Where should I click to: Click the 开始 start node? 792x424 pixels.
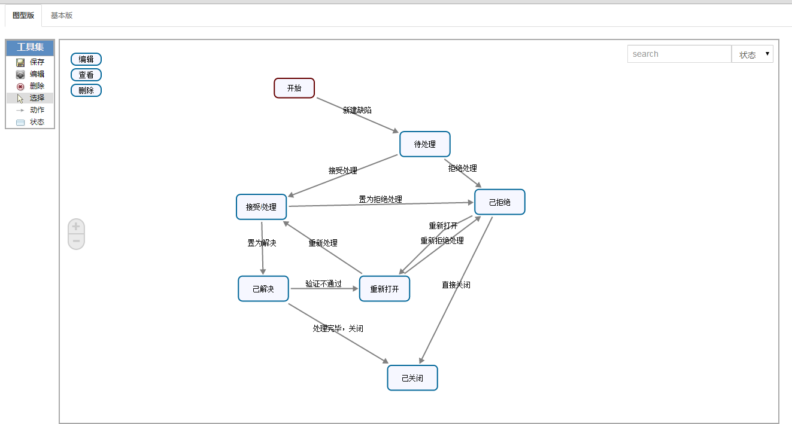click(x=294, y=88)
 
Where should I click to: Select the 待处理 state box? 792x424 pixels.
click(x=424, y=144)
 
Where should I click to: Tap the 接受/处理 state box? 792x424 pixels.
click(x=261, y=207)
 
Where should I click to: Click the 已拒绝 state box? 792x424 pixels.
click(x=499, y=202)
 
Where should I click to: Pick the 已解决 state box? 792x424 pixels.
click(x=263, y=289)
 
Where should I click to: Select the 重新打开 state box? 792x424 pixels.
click(x=384, y=289)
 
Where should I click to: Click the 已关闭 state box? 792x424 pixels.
click(x=412, y=378)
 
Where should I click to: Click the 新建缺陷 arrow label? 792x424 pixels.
click(x=357, y=110)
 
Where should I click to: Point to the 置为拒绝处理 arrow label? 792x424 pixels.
click(x=380, y=199)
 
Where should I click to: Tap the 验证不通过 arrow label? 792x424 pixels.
click(x=323, y=283)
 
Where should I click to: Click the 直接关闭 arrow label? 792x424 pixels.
click(x=456, y=285)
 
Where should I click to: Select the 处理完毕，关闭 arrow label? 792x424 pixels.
click(x=338, y=328)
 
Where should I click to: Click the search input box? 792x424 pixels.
click(x=679, y=54)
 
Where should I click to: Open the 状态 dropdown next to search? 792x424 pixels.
click(x=752, y=54)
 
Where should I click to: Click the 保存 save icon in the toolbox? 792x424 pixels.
click(x=20, y=62)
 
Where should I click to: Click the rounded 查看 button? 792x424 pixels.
click(x=86, y=75)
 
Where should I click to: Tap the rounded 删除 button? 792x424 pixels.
click(x=86, y=90)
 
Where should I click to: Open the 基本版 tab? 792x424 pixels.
click(x=62, y=16)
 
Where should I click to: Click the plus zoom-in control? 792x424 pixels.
click(x=76, y=227)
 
